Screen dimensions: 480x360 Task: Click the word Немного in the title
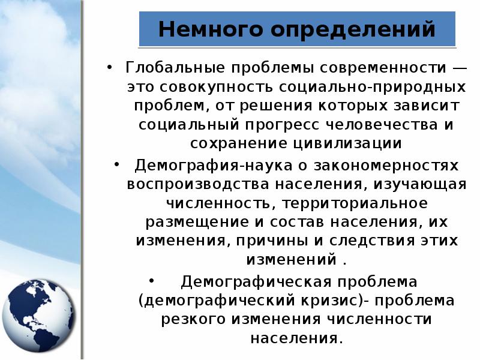211,29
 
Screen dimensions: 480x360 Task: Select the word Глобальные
175,67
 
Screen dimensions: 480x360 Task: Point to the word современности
383,68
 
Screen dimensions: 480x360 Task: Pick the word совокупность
215,88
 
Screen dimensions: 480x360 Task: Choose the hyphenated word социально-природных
372,88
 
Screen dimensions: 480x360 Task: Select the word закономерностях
386,166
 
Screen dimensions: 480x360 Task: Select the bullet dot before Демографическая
152,280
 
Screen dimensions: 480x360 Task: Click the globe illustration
38,316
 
